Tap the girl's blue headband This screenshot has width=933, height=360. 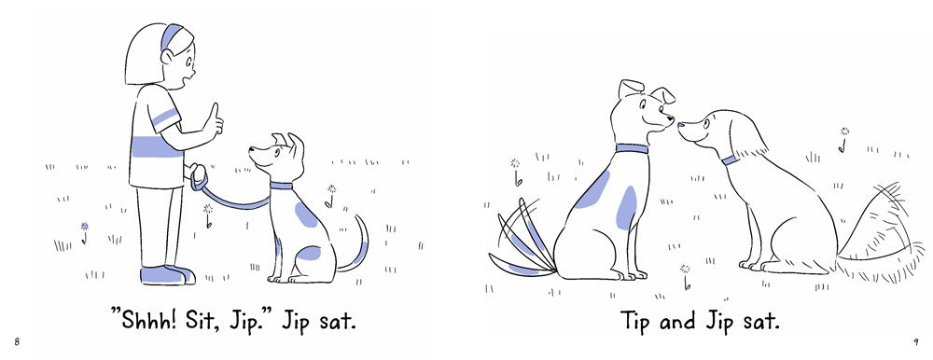(172, 36)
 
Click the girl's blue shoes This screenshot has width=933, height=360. (167, 275)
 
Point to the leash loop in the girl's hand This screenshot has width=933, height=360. (198, 175)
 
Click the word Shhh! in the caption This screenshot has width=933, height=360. (145, 322)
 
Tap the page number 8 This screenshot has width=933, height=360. (18, 341)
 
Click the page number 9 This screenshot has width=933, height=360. (916, 341)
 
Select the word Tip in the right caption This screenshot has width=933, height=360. (636, 322)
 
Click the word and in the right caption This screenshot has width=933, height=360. (679, 322)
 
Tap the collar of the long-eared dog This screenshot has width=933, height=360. (730, 159)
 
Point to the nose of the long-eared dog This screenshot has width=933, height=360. (681, 125)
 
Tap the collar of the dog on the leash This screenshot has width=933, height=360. (281, 186)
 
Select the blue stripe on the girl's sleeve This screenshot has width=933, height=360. (165, 118)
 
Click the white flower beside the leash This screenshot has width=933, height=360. (208, 215)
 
